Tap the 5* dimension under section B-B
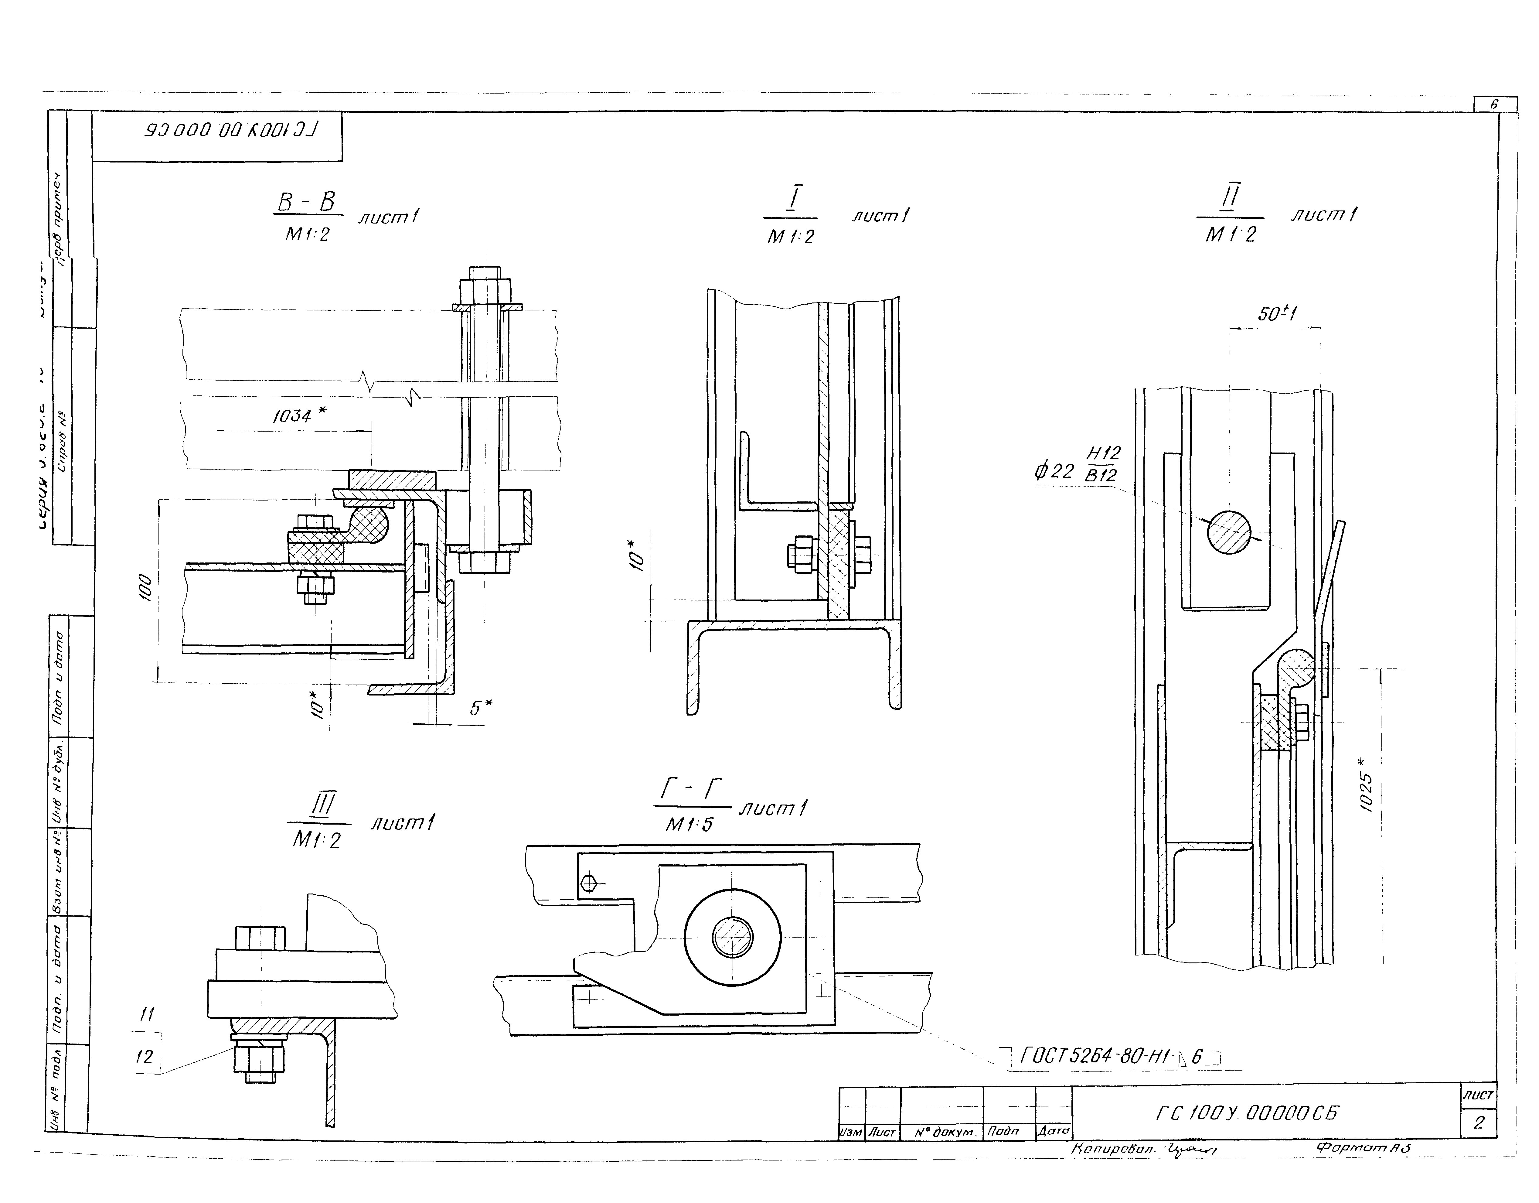[x=481, y=708]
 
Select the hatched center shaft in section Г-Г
[x=732, y=937]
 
